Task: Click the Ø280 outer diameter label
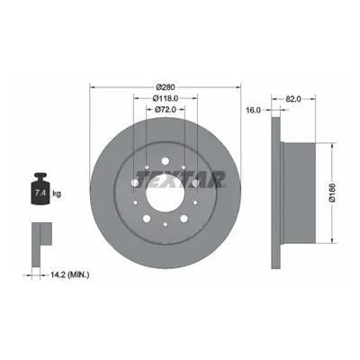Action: coord(166,87)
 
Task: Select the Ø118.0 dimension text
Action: coord(166,98)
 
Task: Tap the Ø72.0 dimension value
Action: coord(166,110)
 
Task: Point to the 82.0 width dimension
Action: coord(293,99)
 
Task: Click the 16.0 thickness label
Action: coord(253,110)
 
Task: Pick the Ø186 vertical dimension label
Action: coord(333,192)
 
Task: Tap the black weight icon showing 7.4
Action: coord(40,189)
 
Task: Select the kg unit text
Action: coord(57,193)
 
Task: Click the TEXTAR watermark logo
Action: coord(180,179)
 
